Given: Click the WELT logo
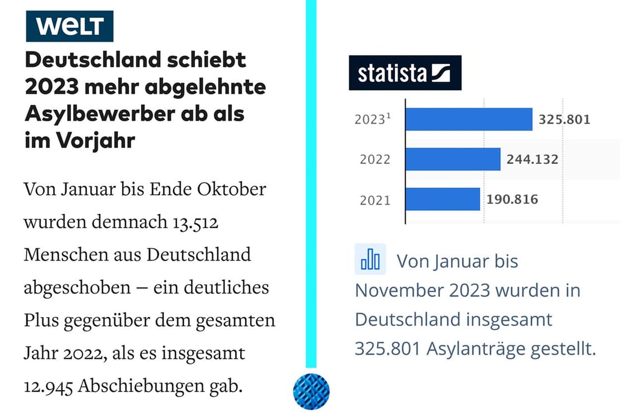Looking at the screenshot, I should pyautogui.click(x=69, y=26).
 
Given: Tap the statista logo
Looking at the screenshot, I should pyautogui.click(x=405, y=72).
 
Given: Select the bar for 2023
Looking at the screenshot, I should pyautogui.click(x=468, y=119).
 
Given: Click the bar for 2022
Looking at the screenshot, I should pyautogui.click(x=452, y=159).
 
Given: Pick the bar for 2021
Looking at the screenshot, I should pyautogui.click(x=442, y=199).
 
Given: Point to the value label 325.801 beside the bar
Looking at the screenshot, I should pyautogui.click(x=564, y=119).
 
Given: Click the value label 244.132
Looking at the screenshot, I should pyautogui.click(x=532, y=159).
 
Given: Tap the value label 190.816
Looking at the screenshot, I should pyautogui.click(x=512, y=199).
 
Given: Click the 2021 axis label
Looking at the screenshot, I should pyautogui.click(x=375, y=200).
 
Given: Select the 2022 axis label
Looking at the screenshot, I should pyautogui.click(x=375, y=160).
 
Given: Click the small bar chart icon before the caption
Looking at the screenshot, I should pyautogui.click(x=370, y=260).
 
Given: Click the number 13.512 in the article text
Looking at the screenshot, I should pyautogui.click(x=193, y=222).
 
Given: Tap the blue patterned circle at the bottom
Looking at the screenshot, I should pyautogui.click(x=311, y=391).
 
